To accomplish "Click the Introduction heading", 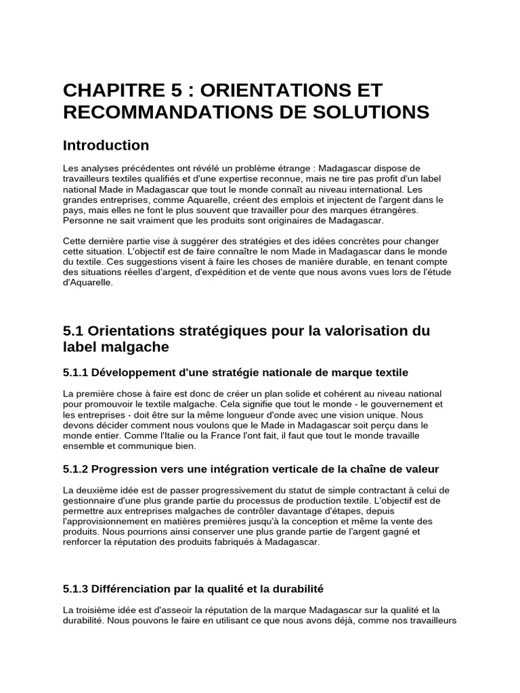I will [106, 146].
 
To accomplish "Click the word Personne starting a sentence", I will [83, 221].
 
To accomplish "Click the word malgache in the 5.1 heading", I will [135, 347].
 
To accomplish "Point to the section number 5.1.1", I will [75, 373].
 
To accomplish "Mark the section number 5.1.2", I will [75, 469].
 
